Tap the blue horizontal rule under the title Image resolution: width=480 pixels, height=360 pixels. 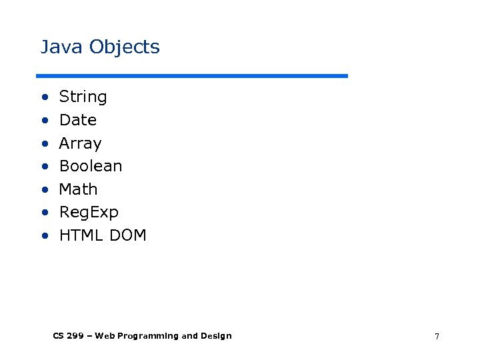(x=192, y=75)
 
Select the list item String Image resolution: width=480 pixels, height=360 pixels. (x=83, y=97)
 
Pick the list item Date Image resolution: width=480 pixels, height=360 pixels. (x=78, y=120)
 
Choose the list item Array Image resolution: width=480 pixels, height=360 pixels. (x=80, y=143)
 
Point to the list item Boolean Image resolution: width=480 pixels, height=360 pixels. (x=91, y=166)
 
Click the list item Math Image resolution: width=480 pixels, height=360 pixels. (x=78, y=189)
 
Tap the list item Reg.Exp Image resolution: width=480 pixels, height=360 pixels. (x=89, y=213)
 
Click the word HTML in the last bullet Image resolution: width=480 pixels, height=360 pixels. (x=77, y=235)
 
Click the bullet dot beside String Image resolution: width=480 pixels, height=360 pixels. (x=44, y=97)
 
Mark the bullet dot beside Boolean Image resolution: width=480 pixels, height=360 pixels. (x=44, y=167)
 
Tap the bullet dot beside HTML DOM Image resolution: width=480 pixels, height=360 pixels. (x=44, y=236)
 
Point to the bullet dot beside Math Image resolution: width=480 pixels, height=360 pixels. (x=44, y=190)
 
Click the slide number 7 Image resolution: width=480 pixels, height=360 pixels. (x=437, y=337)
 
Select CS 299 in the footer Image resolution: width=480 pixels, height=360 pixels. (x=69, y=336)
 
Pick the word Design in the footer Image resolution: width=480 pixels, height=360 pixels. (x=217, y=336)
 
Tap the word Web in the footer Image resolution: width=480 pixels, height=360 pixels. (x=104, y=336)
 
